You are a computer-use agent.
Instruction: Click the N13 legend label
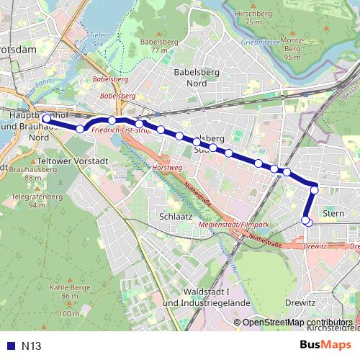31,346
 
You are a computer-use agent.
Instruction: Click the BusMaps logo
325,346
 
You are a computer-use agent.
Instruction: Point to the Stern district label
333,213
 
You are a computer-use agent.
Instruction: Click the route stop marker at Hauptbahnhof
46,119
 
